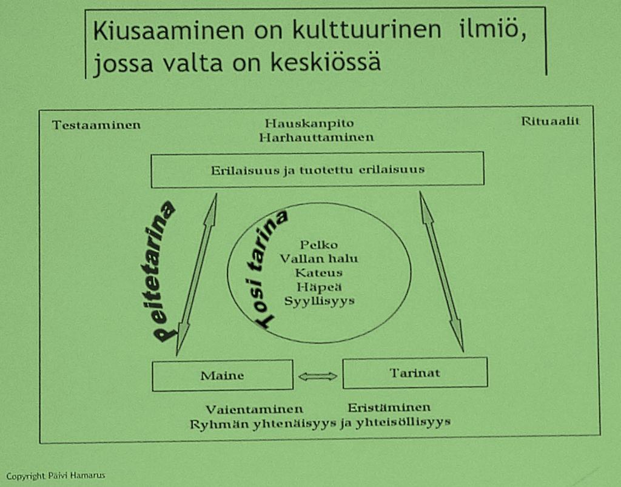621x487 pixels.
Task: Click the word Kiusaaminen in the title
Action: click(x=169, y=30)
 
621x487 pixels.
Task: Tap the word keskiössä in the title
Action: click(x=326, y=62)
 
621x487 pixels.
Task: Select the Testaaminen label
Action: click(x=96, y=125)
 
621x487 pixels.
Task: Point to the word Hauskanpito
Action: click(x=309, y=123)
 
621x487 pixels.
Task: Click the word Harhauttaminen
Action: click(x=317, y=138)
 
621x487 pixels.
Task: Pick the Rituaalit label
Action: click(x=550, y=121)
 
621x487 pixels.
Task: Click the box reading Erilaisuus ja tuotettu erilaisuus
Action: click(x=318, y=169)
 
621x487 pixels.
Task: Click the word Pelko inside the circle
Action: click(x=319, y=244)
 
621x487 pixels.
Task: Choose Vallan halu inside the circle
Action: click(x=319, y=259)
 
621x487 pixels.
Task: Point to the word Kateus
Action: click(x=319, y=273)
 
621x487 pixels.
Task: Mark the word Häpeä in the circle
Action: click(x=319, y=287)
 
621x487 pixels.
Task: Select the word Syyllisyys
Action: click(x=319, y=301)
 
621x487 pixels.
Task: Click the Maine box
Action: click(x=223, y=375)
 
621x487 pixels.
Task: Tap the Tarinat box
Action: click(x=415, y=373)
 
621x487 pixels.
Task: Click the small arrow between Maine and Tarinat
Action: click(x=318, y=376)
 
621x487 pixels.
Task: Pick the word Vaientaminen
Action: click(x=254, y=409)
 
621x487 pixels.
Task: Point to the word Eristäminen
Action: click(x=389, y=408)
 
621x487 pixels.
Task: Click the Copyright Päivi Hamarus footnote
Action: click(x=56, y=475)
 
